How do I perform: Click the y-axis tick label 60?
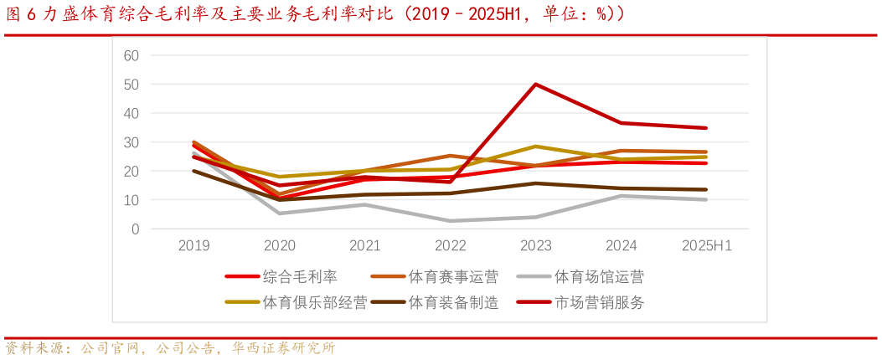point(131,55)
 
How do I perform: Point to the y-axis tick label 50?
point(131,85)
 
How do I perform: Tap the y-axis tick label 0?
point(135,229)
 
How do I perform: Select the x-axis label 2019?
point(194,246)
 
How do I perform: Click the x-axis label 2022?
point(451,246)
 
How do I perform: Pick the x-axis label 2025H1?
point(706,246)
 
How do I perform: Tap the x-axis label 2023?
point(536,246)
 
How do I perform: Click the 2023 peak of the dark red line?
point(536,85)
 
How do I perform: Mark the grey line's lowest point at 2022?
point(451,221)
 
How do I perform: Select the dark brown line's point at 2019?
point(194,171)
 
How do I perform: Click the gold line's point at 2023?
point(536,147)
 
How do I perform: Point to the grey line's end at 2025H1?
point(706,199)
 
